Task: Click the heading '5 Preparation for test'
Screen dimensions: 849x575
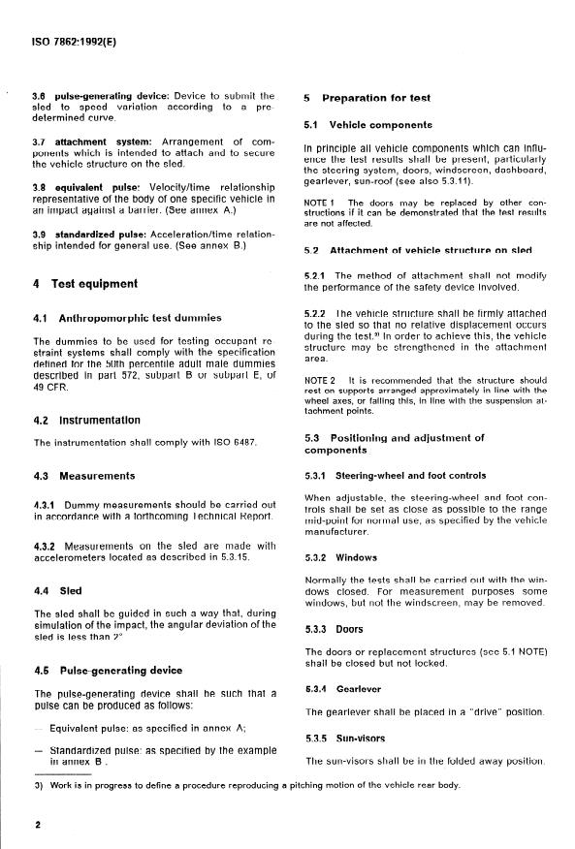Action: coord(367,98)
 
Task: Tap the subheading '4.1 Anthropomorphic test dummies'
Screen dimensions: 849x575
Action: coord(127,318)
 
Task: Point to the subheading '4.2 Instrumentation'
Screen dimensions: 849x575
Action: coord(87,421)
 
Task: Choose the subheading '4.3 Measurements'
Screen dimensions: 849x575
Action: coord(84,477)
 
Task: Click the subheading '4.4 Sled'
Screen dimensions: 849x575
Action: coord(58,589)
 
